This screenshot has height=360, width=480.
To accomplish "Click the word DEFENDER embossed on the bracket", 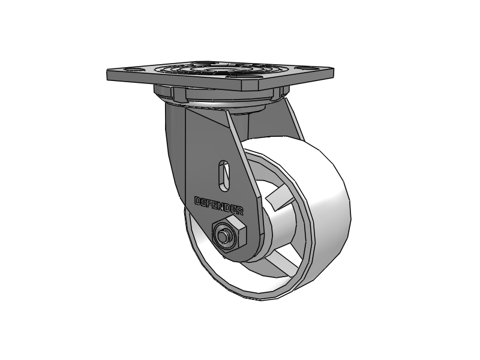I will tap(219, 205).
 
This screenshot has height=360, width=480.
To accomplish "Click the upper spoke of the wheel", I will tap(277, 196).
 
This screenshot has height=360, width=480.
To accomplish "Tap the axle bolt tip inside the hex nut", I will tap(226, 236).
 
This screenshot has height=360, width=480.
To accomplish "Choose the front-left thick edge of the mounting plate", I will tap(174, 82).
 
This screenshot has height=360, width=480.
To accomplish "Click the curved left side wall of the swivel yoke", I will tap(174, 144).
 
